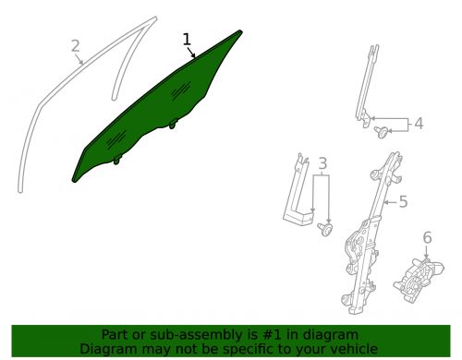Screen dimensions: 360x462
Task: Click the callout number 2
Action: (x=76, y=44)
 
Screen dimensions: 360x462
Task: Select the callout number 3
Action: (x=322, y=165)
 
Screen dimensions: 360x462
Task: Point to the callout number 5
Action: (x=403, y=200)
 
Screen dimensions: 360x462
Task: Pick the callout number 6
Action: (x=427, y=238)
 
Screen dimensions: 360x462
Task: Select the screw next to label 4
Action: (x=380, y=133)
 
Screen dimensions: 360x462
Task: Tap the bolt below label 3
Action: (x=323, y=227)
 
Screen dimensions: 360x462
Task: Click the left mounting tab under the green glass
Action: (x=117, y=160)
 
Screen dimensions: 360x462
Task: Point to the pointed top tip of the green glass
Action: (x=239, y=33)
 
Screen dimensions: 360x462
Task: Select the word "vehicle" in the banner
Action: (x=353, y=349)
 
